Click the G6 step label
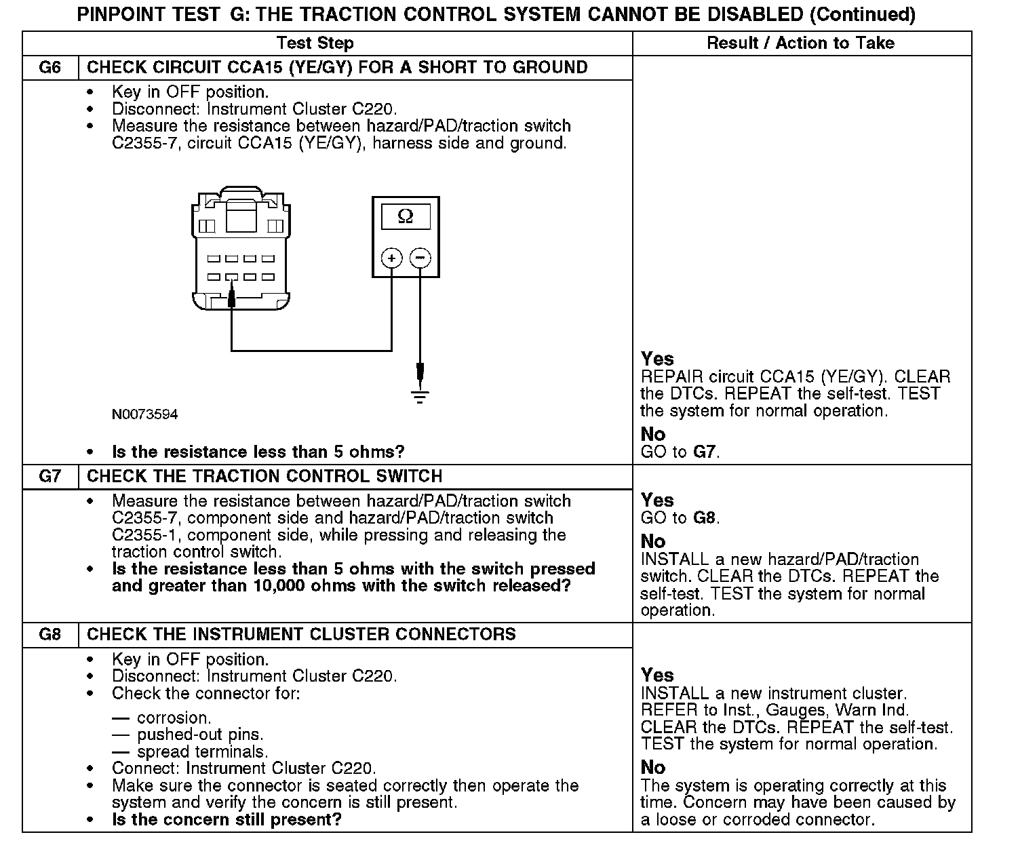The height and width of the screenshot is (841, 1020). click(50, 67)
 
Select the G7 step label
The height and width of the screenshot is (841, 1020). click(50, 476)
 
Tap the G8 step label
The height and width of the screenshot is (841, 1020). click(50, 635)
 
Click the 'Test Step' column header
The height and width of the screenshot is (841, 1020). click(315, 43)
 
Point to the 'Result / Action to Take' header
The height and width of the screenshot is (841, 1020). click(800, 43)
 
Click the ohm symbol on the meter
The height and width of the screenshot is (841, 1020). click(405, 216)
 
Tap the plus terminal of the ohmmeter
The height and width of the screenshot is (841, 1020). click(391, 258)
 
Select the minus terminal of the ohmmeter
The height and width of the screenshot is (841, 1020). click(420, 258)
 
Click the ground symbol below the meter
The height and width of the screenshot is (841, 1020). click(420, 396)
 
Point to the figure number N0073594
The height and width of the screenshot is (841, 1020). click(145, 414)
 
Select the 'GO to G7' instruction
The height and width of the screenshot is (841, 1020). click(680, 452)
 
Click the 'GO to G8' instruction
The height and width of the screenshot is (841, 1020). click(680, 518)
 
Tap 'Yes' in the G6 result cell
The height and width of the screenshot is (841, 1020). click(657, 359)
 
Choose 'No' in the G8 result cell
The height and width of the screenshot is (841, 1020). click(653, 767)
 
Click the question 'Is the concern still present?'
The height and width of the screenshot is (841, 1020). click(227, 819)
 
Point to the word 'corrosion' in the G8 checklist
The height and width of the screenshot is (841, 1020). click(174, 718)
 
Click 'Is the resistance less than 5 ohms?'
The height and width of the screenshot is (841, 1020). click(258, 452)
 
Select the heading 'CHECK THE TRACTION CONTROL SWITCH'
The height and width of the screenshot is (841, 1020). click(264, 476)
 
